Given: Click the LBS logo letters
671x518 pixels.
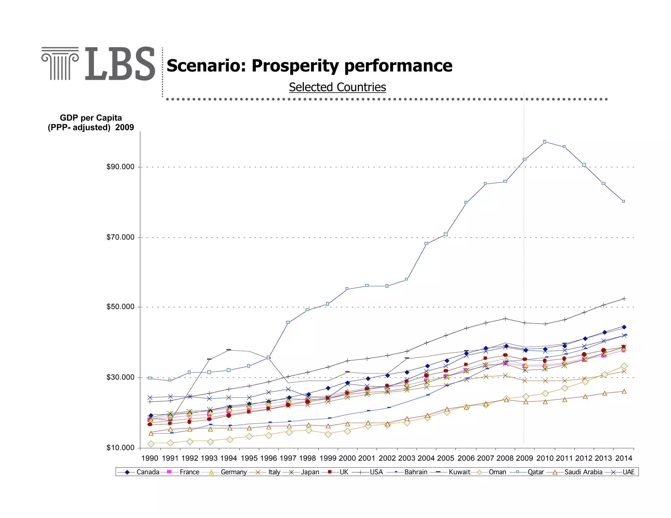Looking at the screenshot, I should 120,64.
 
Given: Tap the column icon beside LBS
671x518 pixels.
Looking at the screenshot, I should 60,64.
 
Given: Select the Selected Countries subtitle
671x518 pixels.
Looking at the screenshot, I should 337,87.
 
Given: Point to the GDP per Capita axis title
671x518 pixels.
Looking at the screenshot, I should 91,122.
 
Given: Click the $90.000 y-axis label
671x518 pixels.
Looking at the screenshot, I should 120,167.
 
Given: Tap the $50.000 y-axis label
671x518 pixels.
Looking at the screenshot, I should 120,307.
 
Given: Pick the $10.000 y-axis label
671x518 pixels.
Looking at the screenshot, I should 120,448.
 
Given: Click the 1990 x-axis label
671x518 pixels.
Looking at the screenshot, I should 149,458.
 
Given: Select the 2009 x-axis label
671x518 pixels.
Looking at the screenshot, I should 525,458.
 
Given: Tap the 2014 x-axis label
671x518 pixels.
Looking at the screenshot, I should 623,458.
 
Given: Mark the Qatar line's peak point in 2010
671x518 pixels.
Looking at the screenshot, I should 545,142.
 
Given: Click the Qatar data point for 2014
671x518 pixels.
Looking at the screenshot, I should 623,201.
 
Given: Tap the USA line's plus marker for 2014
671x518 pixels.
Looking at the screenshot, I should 624,299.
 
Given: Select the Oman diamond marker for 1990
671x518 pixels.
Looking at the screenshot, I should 151,444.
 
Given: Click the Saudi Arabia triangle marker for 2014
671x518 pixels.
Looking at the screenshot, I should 624,391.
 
